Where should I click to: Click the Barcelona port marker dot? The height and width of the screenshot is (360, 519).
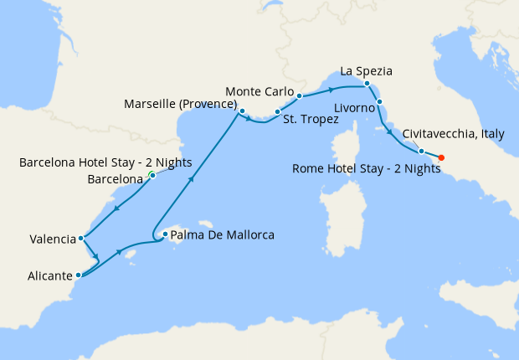click(x=152, y=175)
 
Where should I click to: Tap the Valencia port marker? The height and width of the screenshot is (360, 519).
click(x=80, y=239)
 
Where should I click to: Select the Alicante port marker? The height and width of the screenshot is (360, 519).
click(x=78, y=275)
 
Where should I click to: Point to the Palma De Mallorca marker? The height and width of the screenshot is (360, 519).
click(x=165, y=234)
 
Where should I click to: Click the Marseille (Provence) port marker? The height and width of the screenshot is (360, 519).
click(x=242, y=111)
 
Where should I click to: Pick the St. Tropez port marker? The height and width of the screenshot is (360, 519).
click(x=277, y=111)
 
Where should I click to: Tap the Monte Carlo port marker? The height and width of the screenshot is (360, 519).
click(x=299, y=96)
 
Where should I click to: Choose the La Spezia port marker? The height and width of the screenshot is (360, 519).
click(x=367, y=83)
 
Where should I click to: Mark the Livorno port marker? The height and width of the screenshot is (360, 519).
click(x=380, y=102)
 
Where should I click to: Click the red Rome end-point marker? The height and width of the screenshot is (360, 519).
click(x=441, y=157)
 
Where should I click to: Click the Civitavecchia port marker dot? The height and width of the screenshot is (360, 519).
click(x=421, y=152)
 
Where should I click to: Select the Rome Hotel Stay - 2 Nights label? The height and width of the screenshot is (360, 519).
click(x=367, y=168)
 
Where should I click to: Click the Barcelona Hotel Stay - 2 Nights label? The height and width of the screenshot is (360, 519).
click(x=105, y=162)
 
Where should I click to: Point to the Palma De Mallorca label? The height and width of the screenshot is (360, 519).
click(x=222, y=235)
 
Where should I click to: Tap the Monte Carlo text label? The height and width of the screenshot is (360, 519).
click(x=260, y=91)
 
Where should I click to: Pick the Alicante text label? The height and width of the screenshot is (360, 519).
click(x=49, y=275)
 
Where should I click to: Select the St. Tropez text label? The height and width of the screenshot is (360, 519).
click(x=311, y=120)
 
